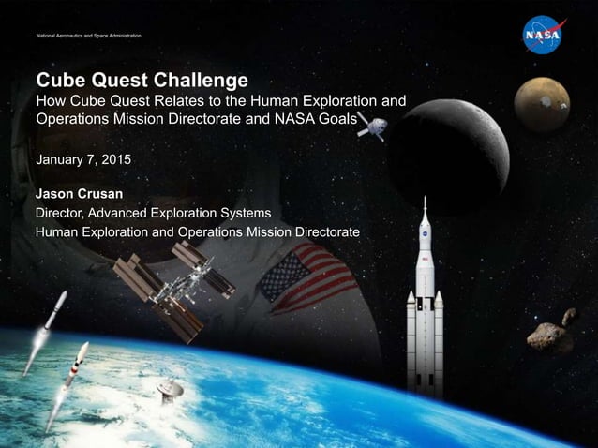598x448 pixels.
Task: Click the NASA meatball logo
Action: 543,36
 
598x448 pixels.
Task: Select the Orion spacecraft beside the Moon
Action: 370,127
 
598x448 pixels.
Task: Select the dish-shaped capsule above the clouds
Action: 170,388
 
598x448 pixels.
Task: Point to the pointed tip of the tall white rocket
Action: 425,200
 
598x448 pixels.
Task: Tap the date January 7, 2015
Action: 83,160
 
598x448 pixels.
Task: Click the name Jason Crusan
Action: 80,194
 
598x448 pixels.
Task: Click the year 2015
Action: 116,160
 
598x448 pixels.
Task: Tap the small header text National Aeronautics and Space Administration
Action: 88,36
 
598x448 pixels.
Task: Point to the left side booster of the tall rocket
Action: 411,337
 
